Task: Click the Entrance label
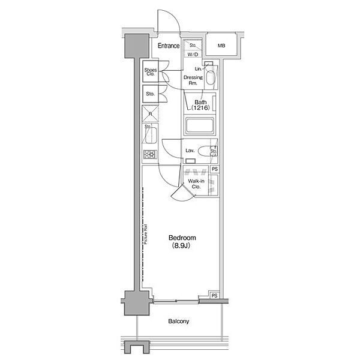tap(169, 46)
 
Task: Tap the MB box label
tap(221, 46)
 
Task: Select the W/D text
tap(193, 54)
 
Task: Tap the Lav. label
tap(188, 150)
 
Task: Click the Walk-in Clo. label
tap(195, 184)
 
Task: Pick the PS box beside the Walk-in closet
tap(214, 170)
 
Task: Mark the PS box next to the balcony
tap(214, 295)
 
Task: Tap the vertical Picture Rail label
tap(146, 234)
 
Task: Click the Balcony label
tap(178, 322)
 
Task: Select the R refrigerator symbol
tap(149, 113)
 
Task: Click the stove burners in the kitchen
tap(149, 155)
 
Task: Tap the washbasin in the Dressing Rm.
tap(209, 77)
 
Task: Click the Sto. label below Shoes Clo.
tap(150, 94)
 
